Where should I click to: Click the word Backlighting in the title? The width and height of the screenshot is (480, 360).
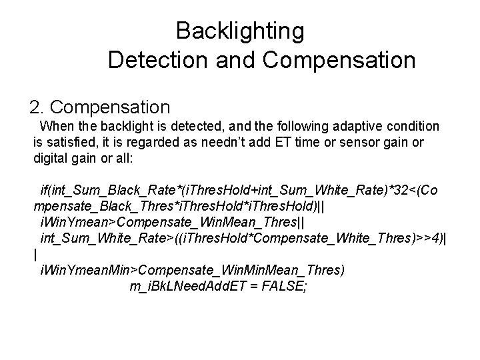coord(240,31)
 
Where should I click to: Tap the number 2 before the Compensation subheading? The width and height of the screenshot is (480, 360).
coord(35,107)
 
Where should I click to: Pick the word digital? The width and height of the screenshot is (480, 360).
coord(52,158)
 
